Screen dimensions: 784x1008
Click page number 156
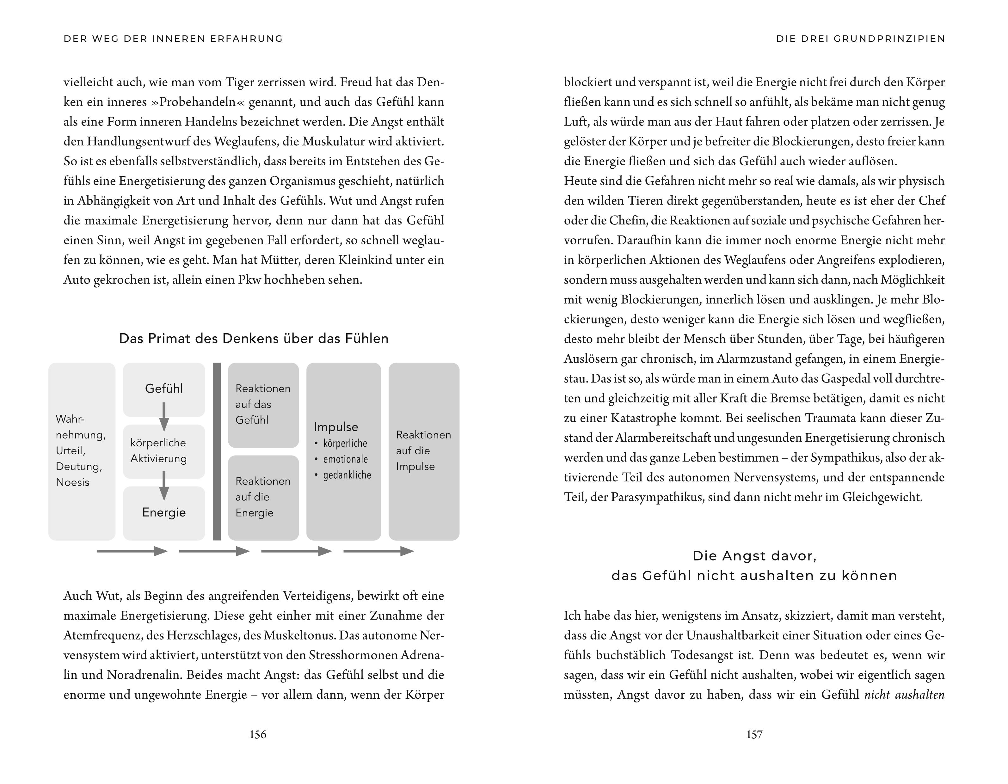tap(258, 734)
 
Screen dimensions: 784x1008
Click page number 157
tap(754, 734)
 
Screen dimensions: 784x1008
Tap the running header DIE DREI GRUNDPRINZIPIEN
tap(861, 39)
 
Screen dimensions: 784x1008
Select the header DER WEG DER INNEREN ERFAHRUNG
tap(173, 39)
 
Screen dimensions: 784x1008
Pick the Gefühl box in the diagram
tap(164, 389)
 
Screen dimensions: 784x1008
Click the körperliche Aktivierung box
tap(159, 451)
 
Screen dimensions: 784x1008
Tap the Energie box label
tap(164, 512)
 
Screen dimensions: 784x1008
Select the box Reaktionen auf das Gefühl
tap(263, 404)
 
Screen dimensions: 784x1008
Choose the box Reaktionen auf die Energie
tap(263, 497)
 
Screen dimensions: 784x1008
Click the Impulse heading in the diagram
tap(336, 427)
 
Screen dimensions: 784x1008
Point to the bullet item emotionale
tap(345, 459)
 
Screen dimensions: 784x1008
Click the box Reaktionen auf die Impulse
tap(423, 451)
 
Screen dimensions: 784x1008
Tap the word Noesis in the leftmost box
tap(72, 482)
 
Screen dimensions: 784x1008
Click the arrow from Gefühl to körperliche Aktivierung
tap(164, 416)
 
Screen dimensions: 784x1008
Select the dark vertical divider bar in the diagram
tap(217, 451)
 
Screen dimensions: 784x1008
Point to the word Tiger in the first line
tap(240, 82)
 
